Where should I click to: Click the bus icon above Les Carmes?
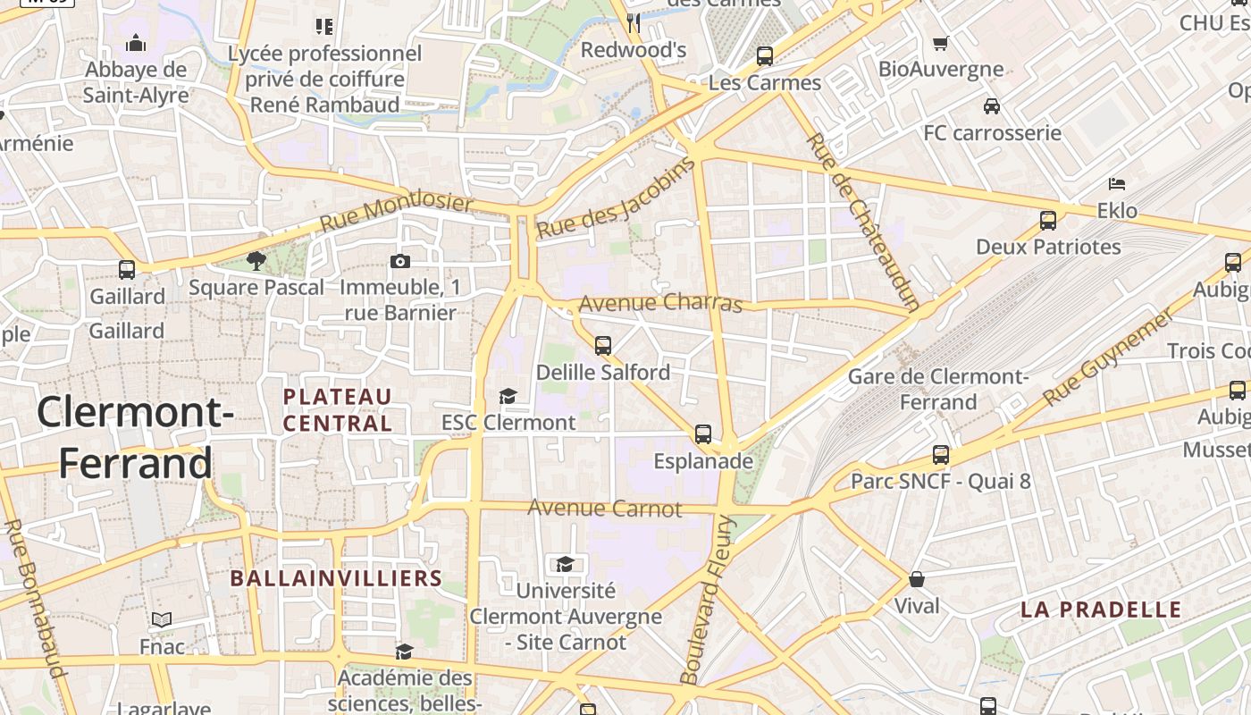pyautogui.click(x=765, y=55)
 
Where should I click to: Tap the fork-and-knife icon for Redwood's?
pyautogui.click(x=634, y=22)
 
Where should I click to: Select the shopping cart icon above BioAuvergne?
pyautogui.click(x=940, y=43)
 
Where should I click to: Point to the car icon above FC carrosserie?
pyautogui.click(x=991, y=106)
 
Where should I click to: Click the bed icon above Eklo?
pyautogui.click(x=1116, y=184)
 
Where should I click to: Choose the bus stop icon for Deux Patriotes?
pyautogui.click(x=1048, y=220)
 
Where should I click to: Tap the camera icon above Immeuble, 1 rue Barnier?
pyautogui.click(x=400, y=261)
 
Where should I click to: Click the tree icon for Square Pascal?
pyautogui.click(x=256, y=261)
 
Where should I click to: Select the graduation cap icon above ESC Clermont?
pyautogui.click(x=508, y=396)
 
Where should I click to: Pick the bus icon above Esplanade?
pyautogui.click(x=703, y=434)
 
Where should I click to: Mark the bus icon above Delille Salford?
pyautogui.click(x=603, y=345)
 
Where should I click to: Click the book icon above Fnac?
pyautogui.click(x=162, y=619)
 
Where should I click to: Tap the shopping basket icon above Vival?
pyautogui.click(x=917, y=579)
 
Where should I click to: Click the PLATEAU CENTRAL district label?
pyautogui.click(x=338, y=409)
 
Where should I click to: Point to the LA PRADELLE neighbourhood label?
pyautogui.click(x=1101, y=610)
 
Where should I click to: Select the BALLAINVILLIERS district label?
pyautogui.click(x=336, y=578)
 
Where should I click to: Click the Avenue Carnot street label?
pyautogui.click(x=605, y=509)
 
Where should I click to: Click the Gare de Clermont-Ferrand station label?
pyautogui.click(x=938, y=389)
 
